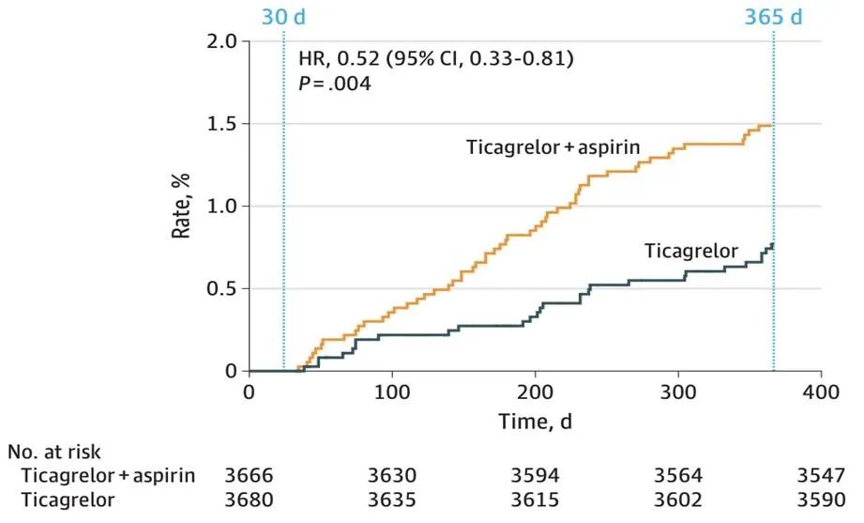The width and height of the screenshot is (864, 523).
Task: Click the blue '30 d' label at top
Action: coord(282,17)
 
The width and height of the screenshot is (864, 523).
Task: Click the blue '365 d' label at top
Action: coord(773,17)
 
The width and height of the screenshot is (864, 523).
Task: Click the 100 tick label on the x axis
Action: coord(391,391)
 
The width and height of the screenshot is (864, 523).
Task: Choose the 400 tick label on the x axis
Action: coord(821,391)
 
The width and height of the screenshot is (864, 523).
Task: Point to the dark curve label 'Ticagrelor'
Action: coord(691,251)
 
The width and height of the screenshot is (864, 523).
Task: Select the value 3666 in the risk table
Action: coord(249,476)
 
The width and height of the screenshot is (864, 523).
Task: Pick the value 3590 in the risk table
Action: coord(822,500)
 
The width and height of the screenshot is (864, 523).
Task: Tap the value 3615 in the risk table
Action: coord(535,500)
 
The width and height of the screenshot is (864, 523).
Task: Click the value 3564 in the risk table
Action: coord(678,476)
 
